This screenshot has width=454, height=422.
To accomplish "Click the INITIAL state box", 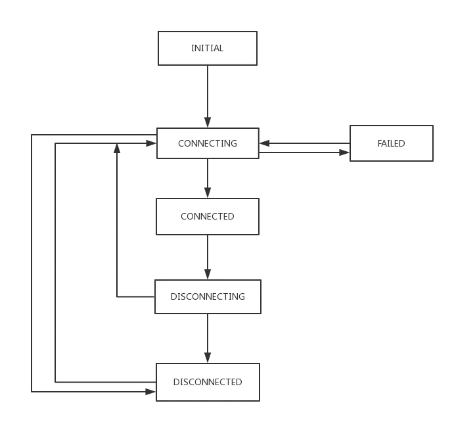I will [x=207, y=48].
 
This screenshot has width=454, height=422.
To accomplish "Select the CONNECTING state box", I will [x=207, y=143].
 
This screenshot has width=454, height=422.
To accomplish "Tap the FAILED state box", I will [x=391, y=143].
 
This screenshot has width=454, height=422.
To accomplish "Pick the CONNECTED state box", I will [x=207, y=216].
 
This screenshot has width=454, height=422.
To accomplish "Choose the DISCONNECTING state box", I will [x=207, y=296].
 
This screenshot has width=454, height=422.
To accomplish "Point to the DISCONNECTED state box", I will [x=207, y=382].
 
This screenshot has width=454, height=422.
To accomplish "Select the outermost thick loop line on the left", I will [x=30, y=263].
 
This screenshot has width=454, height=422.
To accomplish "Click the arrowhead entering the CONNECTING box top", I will [x=208, y=120].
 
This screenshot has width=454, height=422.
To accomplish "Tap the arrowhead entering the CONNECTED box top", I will [x=208, y=191].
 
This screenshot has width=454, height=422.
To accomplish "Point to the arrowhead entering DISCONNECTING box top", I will [x=208, y=271].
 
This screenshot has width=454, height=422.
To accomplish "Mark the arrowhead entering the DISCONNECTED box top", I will [x=208, y=356].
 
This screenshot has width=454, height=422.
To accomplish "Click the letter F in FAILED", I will [x=380, y=143].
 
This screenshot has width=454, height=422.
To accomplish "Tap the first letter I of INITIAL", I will [x=193, y=48].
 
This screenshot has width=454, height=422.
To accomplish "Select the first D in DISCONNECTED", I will [x=176, y=382].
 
